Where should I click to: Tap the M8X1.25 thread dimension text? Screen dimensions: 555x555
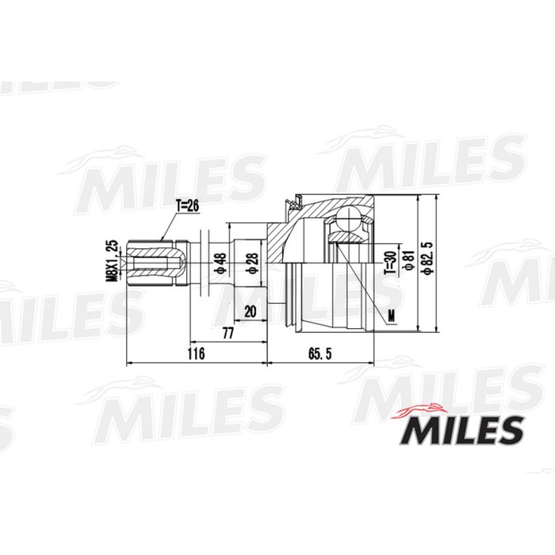tap(112, 260)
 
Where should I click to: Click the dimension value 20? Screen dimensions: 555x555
tap(251, 312)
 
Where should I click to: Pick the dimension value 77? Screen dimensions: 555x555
tap(228, 334)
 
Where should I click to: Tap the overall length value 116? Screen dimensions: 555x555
tap(195, 353)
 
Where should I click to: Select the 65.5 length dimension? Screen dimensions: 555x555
tap(321, 353)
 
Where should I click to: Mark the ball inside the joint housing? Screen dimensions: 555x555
tap(348, 223)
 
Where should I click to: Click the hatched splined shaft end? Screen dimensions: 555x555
tap(159, 261)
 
